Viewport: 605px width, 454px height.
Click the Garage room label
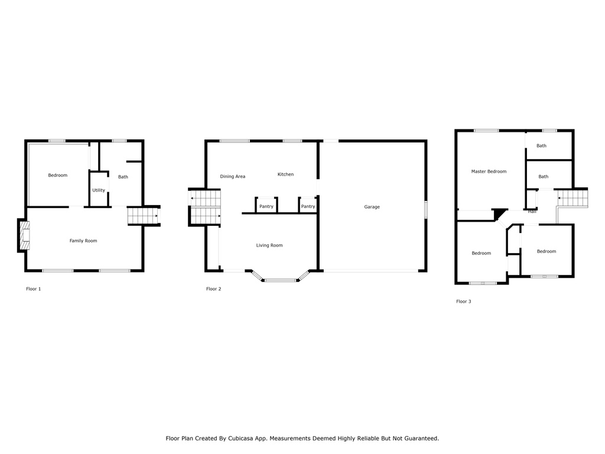click(x=372, y=207)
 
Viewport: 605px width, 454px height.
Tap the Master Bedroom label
click(x=489, y=171)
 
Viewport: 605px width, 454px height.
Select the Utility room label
click(x=99, y=190)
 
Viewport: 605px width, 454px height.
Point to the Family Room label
click(x=83, y=241)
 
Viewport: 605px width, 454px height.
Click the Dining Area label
click(x=233, y=176)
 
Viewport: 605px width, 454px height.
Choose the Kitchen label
click(x=285, y=174)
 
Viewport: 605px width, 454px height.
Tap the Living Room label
click(x=269, y=245)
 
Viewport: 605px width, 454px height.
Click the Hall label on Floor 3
click(x=532, y=212)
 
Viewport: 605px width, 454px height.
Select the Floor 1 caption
click(x=34, y=288)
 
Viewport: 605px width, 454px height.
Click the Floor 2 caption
click(x=214, y=288)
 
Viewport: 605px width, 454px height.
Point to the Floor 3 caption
click(x=464, y=301)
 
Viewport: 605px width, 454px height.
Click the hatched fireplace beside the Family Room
click(x=24, y=235)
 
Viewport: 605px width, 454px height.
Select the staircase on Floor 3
click(x=573, y=198)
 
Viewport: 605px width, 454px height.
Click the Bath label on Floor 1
click(x=123, y=177)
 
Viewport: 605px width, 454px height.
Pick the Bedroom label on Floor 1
click(x=58, y=175)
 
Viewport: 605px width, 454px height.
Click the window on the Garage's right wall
click(x=426, y=210)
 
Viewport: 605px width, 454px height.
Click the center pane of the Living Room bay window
click(x=281, y=280)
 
